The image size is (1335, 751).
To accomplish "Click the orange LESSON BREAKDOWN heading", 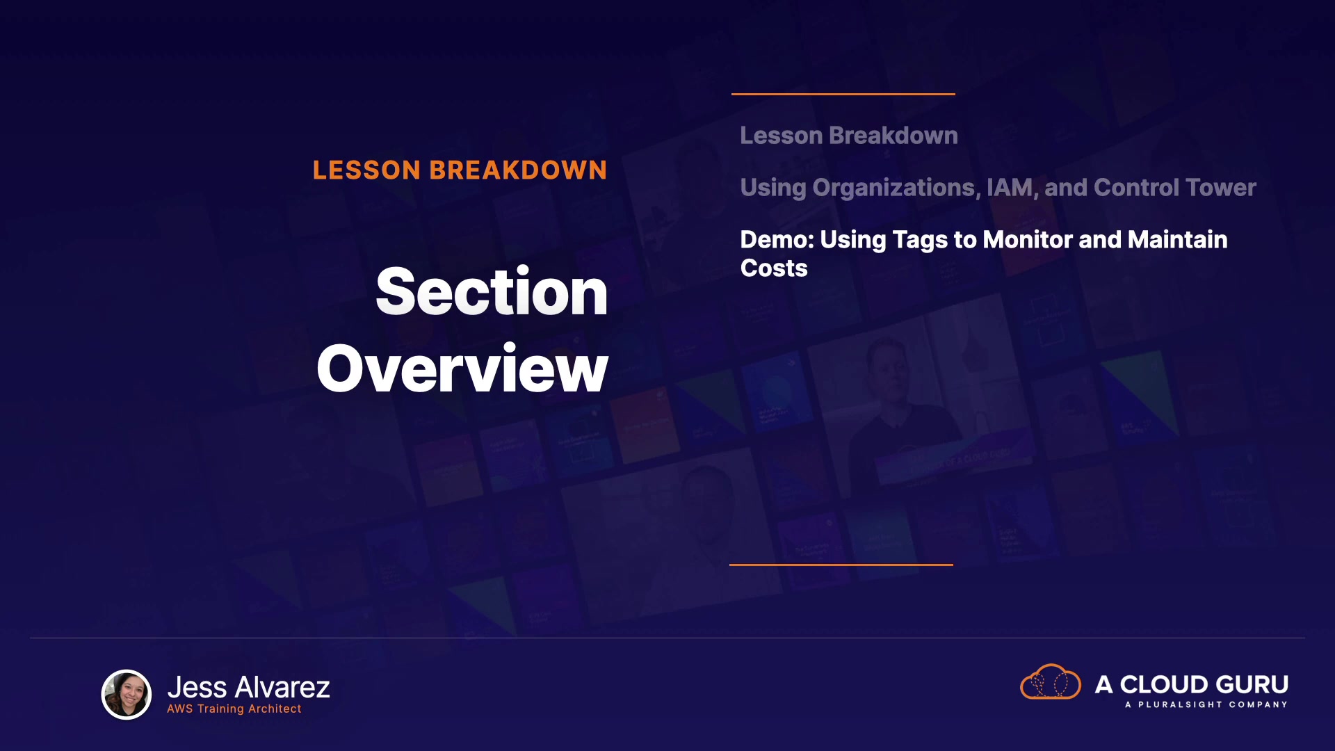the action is click(x=460, y=170).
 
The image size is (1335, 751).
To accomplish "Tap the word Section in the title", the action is click(x=492, y=292).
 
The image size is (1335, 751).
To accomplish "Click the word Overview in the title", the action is click(x=462, y=369).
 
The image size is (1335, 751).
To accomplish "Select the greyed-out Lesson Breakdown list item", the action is click(x=849, y=136).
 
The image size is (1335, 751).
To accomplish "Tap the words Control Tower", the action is click(x=1175, y=188).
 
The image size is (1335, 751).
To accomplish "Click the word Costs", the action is click(x=774, y=268).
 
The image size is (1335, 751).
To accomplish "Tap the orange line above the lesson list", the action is click(x=843, y=94).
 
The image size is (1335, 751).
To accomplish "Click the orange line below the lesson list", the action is click(x=841, y=565).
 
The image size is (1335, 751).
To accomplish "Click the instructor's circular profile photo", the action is click(x=127, y=695).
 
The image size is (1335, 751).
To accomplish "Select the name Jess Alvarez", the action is click(x=248, y=688).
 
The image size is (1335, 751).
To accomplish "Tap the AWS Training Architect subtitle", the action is click(x=234, y=709).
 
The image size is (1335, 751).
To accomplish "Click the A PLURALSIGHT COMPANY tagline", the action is click(x=1206, y=705).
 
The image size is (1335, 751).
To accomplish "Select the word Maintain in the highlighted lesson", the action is click(x=1178, y=240).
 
